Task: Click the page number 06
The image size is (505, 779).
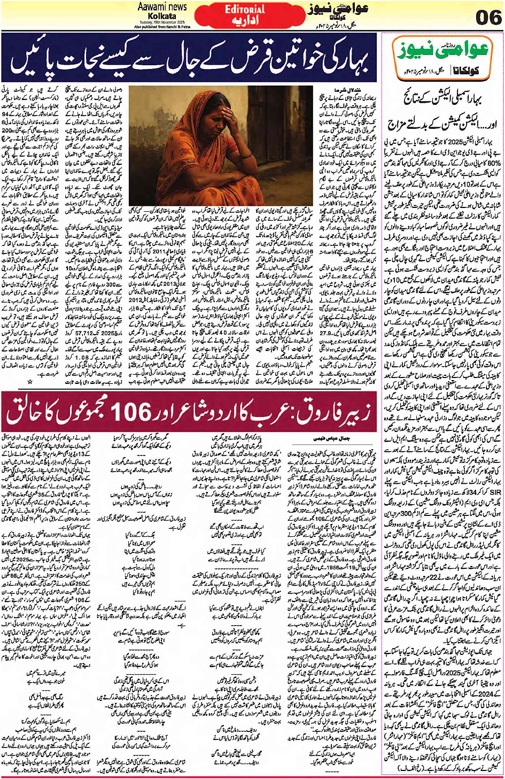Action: pos(488,17)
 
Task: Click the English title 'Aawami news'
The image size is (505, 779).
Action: pos(162,7)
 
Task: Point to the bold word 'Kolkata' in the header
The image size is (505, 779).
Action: pos(162,16)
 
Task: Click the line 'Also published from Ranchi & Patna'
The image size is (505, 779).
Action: pos(162,26)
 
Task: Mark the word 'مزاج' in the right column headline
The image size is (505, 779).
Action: pos(400,125)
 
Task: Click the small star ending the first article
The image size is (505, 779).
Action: pos(30,382)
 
